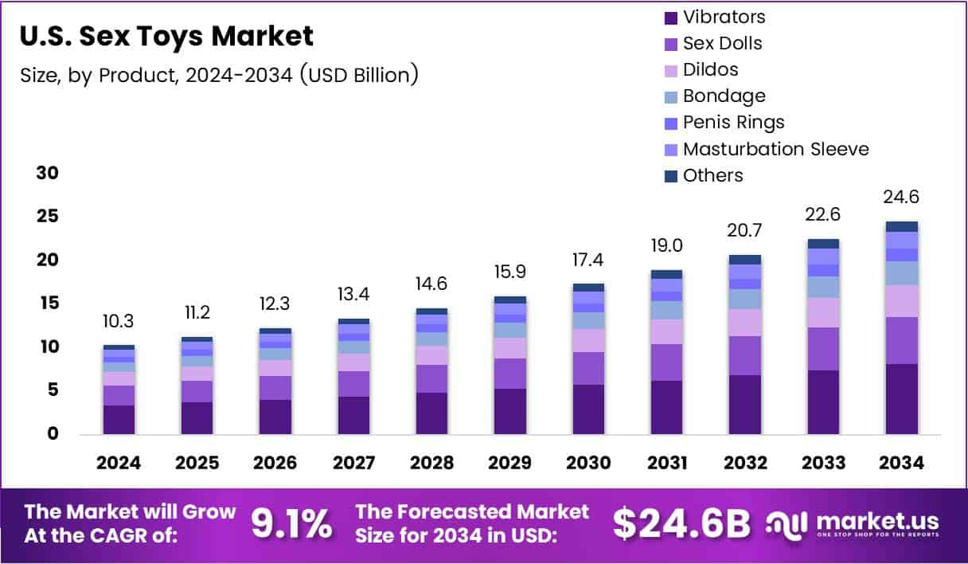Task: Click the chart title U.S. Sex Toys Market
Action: pyautogui.click(x=166, y=36)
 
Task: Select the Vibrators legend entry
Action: pyautogui.click(x=723, y=17)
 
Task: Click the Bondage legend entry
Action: pyautogui.click(x=723, y=96)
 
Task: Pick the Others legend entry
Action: pyautogui.click(x=712, y=175)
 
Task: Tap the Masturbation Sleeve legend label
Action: pyautogui.click(x=775, y=149)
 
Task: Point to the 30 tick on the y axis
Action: pyautogui.click(x=48, y=174)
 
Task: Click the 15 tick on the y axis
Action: pyautogui.click(x=48, y=304)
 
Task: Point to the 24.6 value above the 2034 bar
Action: pyautogui.click(x=901, y=197)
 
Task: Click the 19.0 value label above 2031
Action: pyautogui.click(x=666, y=245)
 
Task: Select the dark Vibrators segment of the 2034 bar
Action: pyautogui.click(x=901, y=398)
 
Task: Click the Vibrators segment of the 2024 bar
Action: pyautogui.click(x=119, y=419)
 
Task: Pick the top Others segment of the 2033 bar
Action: pyautogui.click(x=823, y=244)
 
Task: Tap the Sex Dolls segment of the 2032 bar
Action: pyautogui.click(x=744, y=355)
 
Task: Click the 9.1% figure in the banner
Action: pyautogui.click(x=291, y=523)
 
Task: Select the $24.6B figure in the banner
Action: pyautogui.click(x=681, y=523)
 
